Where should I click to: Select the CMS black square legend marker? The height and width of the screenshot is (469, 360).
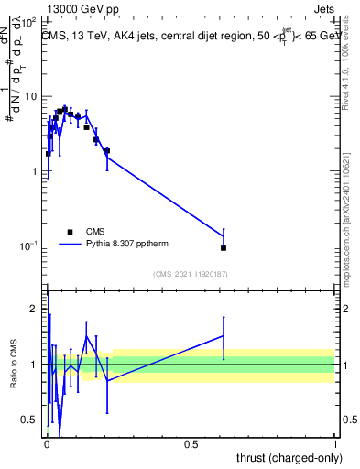click(70, 232)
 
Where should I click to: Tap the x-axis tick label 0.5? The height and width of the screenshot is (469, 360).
click(191, 446)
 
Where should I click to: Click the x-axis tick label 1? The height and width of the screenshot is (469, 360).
click(336, 446)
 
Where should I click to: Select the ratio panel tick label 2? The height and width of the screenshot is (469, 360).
click(36, 309)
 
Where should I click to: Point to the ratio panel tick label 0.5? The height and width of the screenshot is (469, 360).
click(32, 420)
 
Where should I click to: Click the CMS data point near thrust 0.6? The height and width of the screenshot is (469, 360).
click(224, 247)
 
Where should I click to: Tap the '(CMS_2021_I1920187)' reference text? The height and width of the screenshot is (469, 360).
click(191, 274)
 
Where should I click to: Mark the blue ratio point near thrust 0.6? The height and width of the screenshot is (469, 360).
click(224, 336)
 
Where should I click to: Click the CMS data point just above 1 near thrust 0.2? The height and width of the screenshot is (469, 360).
click(107, 150)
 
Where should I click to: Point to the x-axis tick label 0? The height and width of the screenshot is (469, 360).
click(47, 446)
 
